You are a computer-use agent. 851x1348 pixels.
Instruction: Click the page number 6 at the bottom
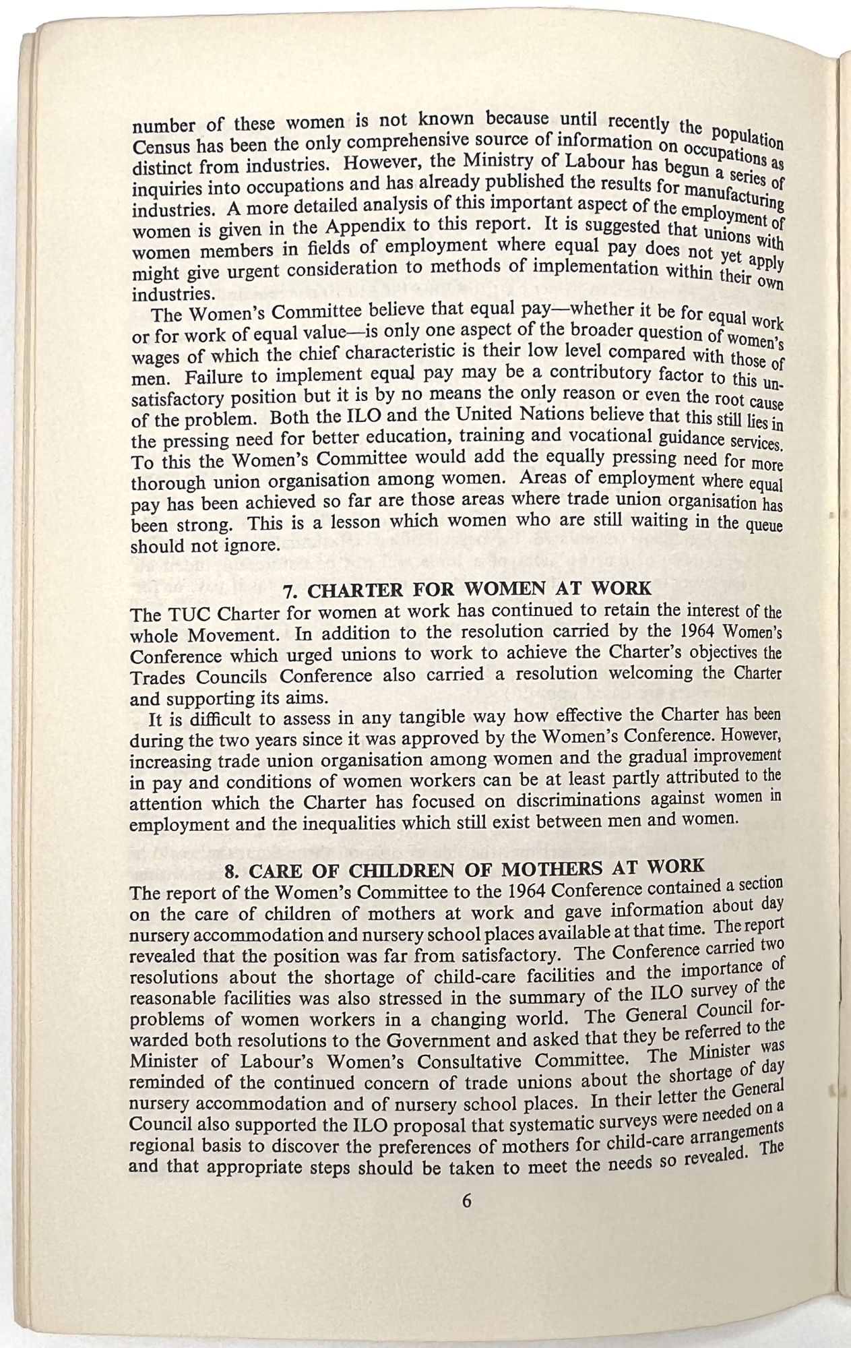pyautogui.click(x=466, y=1200)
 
